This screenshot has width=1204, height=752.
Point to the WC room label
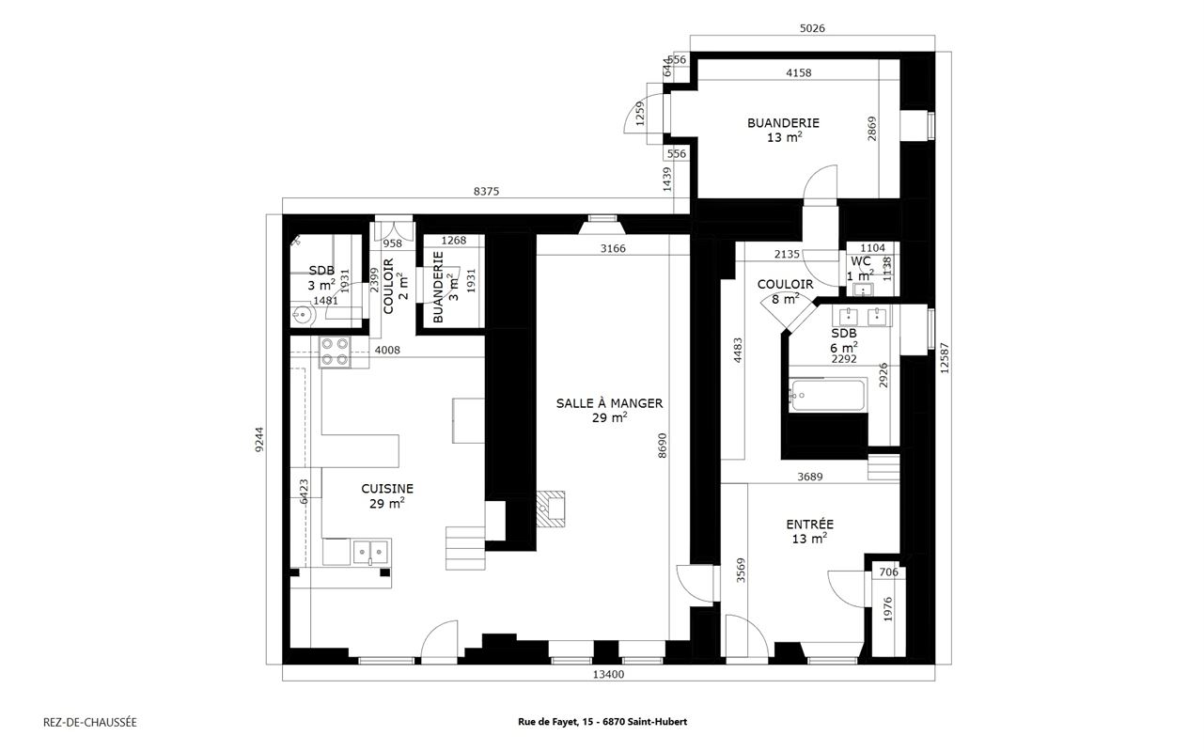(x=861, y=261)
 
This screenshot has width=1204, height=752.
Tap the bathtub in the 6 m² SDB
(x=826, y=395)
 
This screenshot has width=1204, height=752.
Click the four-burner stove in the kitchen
(x=334, y=352)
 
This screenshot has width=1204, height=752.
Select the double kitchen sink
(x=371, y=551)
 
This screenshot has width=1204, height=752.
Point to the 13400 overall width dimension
(x=609, y=673)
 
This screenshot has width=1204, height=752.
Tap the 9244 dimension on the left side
(x=259, y=441)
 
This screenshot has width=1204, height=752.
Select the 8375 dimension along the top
(x=486, y=191)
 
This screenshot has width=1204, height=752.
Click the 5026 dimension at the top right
(x=811, y=29)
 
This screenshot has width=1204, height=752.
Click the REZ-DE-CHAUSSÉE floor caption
(x=90, y=722)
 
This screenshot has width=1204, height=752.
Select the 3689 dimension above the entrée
(x=809, y=477)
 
